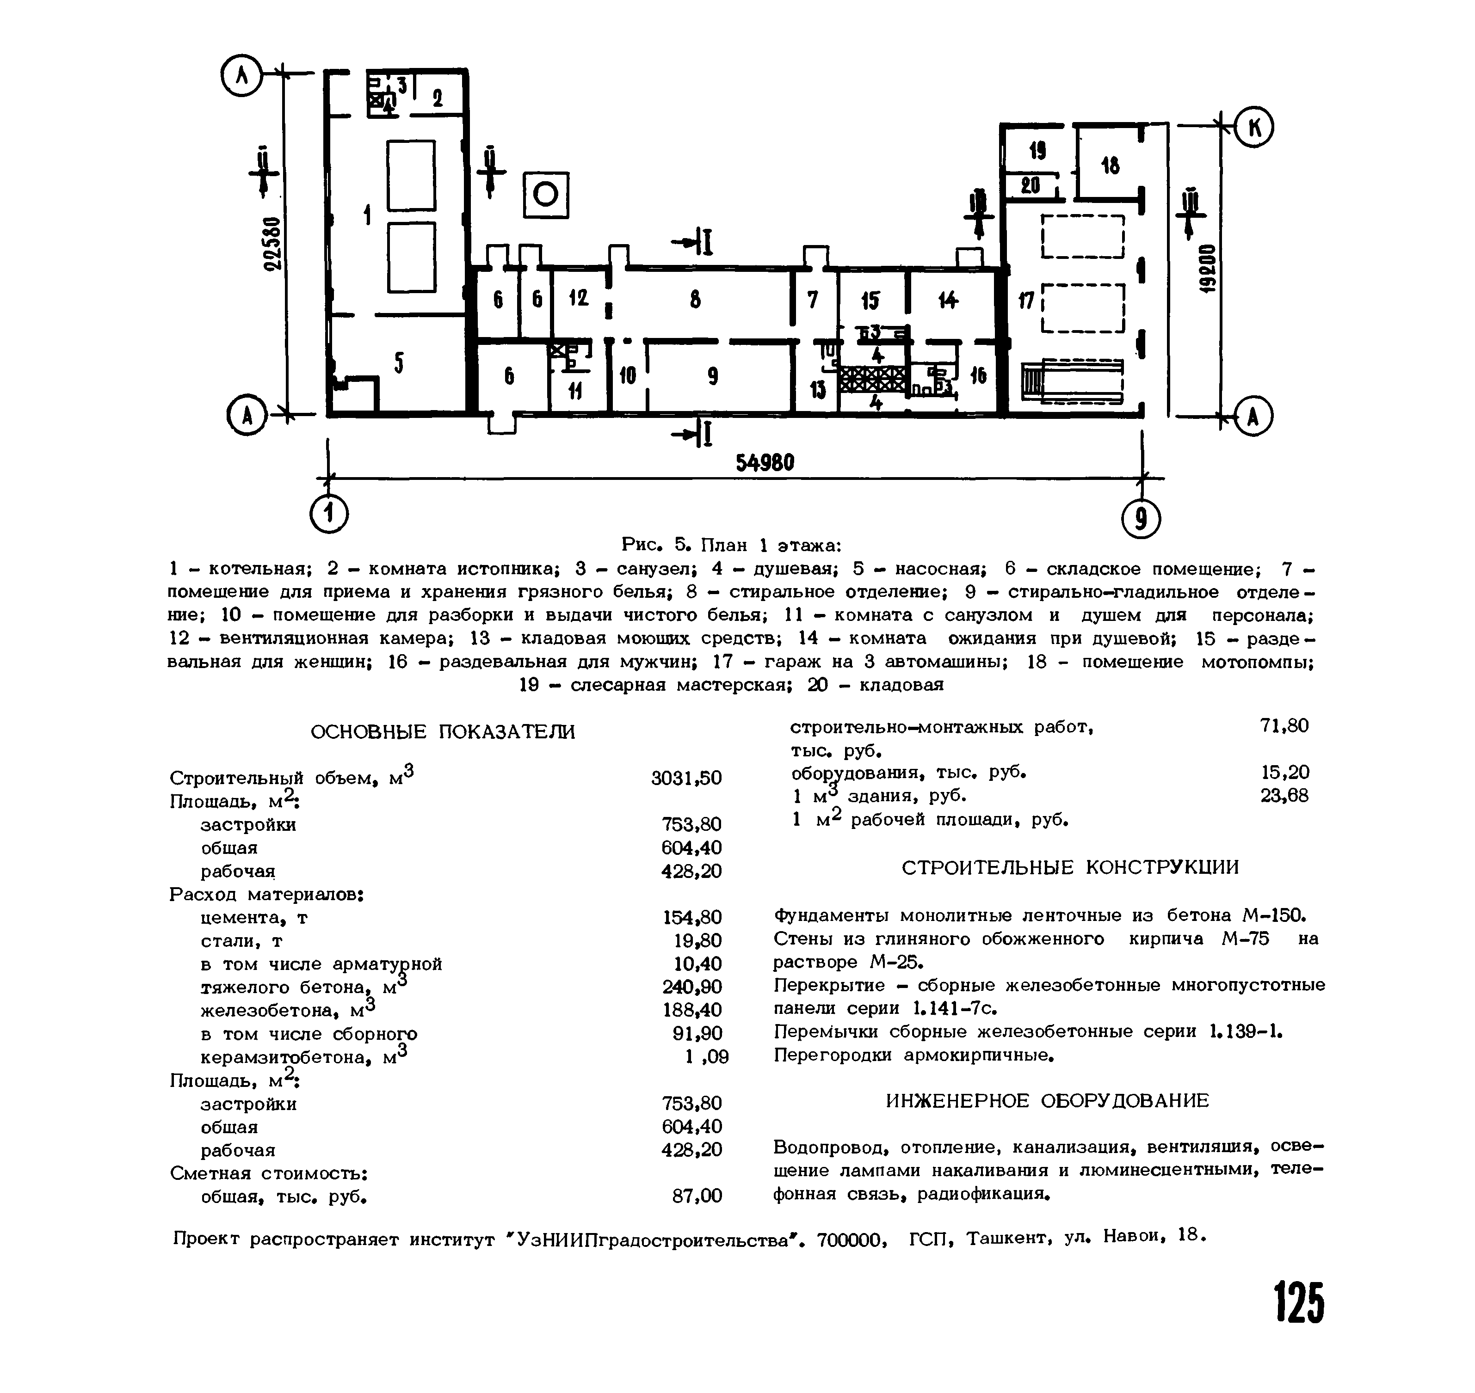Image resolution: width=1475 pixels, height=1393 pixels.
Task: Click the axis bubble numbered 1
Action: coord(329,513)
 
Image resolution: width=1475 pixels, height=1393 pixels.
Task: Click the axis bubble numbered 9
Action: coord(1142,520)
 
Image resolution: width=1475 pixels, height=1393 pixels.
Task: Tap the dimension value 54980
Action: coord(765,463)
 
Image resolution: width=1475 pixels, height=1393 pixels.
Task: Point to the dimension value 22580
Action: coord(274,244)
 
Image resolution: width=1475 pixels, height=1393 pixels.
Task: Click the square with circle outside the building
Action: coord(546,195)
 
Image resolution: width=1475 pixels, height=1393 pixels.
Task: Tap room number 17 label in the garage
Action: coord(1026,301)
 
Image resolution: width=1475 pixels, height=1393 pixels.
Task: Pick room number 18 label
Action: coord(1111,166)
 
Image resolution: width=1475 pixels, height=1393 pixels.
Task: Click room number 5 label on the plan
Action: coord(399,363)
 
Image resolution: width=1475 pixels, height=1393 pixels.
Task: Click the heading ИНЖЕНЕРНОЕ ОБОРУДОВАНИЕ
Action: coord(1047,1100)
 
